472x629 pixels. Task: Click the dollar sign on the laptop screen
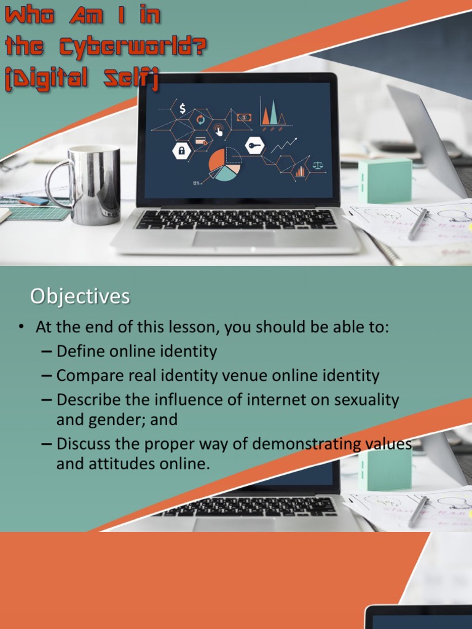coord(183,109)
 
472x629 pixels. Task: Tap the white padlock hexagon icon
coord(182,150)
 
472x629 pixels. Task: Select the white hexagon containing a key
coord(254,146)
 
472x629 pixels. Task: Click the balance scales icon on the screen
coord(318,165)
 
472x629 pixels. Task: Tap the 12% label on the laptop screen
coord(196,183)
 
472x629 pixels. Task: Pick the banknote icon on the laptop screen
coord(244,117)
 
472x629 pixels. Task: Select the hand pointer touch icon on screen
coord(218,130)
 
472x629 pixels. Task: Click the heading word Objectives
coord(80,297)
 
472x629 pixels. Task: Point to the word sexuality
coord(366,399)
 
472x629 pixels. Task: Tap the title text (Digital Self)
coord(82,80)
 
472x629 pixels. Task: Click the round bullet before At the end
coord(20,327)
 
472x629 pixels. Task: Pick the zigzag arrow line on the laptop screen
coord(283,146)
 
